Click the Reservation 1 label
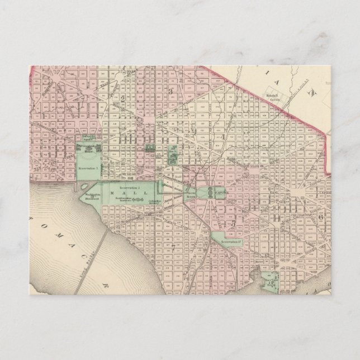[88, 167]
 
